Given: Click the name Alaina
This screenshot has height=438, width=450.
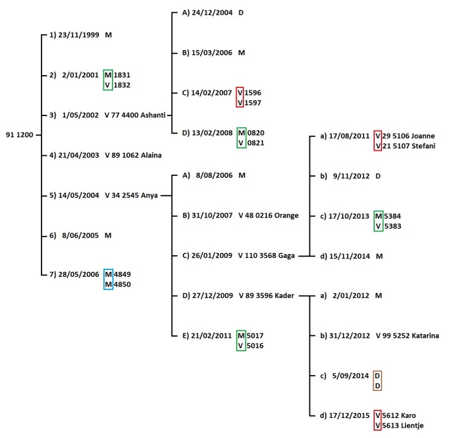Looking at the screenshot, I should point(150,155).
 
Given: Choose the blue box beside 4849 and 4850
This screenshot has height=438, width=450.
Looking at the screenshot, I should point(108,279).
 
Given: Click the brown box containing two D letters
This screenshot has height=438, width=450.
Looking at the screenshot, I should point(377,380).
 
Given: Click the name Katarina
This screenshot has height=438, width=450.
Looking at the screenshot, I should point(422,336).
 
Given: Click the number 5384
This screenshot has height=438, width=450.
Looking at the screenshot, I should point(394,216).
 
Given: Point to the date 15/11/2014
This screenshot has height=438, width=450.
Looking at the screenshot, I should point(345,256).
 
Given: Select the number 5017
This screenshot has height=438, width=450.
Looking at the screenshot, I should point(256,335).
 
